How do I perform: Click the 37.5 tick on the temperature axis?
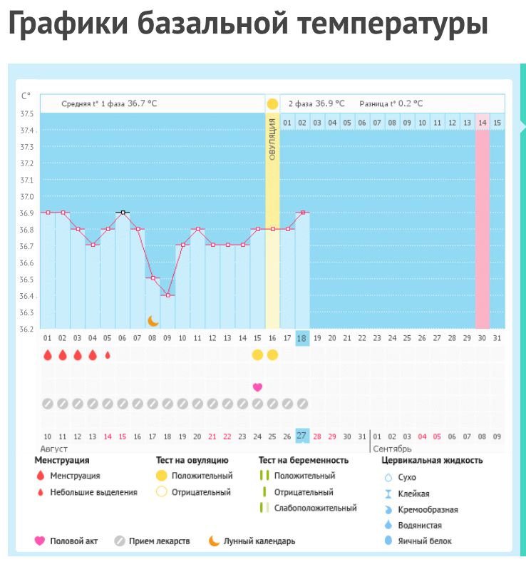(x=26, y=114)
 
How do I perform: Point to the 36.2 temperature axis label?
(x=26, y=329)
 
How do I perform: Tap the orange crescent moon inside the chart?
(x=153, y=321)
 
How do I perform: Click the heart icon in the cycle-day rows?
(x=257, y=387)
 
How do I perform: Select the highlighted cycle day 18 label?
(x=302, y=338)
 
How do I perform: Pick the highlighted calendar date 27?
(x=302, y=436)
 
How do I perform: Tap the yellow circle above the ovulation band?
(x=272, y=104)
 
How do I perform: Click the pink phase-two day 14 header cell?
(x=483, y=123)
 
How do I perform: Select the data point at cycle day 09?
(x=167, y=295)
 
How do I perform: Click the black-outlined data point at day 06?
(x=123, y=213)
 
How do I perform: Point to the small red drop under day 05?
(x=108, y=354)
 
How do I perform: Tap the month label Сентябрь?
(x=391, y=449)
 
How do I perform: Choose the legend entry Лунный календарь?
(x=259, y=541)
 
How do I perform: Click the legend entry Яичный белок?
(x=425, y=541)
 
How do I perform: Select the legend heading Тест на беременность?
(x=304, y=461)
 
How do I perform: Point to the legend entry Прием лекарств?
(x=159, y=541)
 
